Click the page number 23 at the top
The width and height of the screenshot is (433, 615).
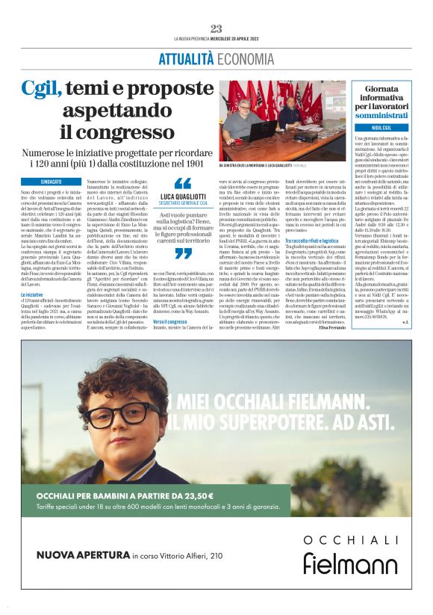(x=216, y=28)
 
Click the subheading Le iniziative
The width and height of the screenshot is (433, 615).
(x=34, y=296)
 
